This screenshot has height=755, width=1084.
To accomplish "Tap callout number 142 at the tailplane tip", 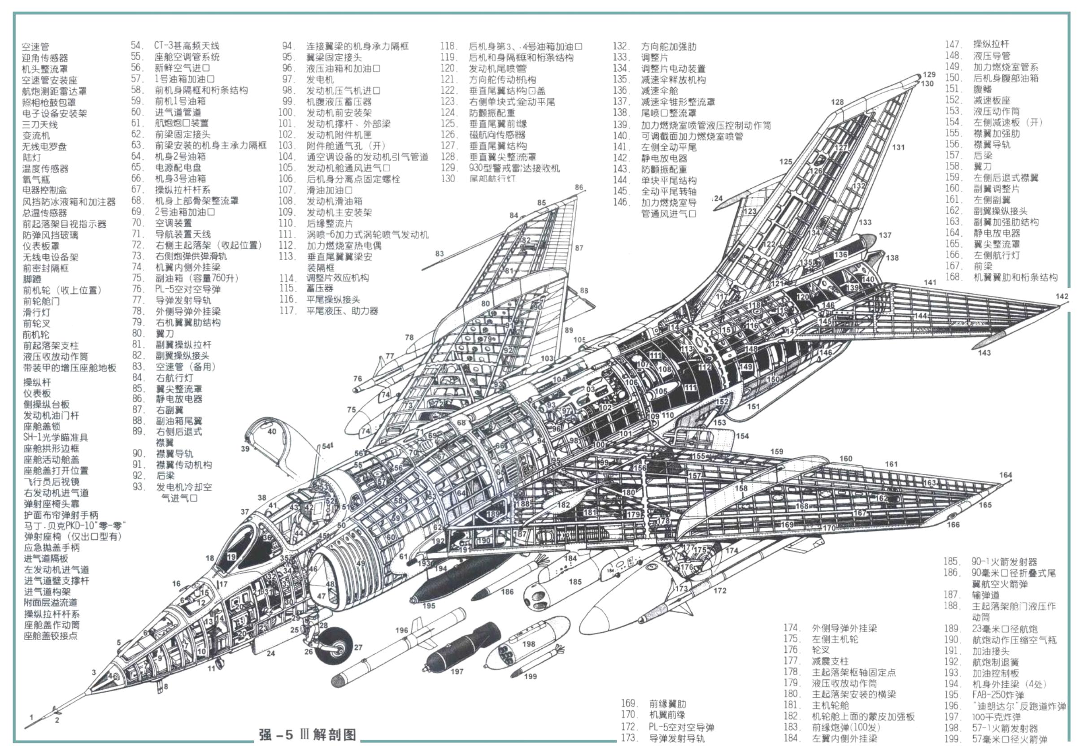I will pyautogui.click(x=1062, y=296).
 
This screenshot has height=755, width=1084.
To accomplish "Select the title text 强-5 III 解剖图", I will pyautogui.click(x=307, y=735).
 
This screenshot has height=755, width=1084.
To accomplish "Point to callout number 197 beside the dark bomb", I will pyautogui.click(x=457, y=671).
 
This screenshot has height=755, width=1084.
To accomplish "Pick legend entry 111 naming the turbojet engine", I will pyautogui.click(x=367, y=234).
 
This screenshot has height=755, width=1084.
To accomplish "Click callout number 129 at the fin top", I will pyautogui.click(x=929, y=74).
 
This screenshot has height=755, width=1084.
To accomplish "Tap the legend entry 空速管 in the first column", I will pyautogui.click(x=35, y=47).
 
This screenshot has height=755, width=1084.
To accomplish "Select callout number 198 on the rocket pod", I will pyautogui.click(x=528, y=644).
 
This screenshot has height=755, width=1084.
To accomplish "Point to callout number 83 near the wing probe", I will pyautogui.click(x=440, y=253).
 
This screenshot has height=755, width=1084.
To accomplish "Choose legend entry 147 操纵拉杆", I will pyautogui.click(x=991, y=44).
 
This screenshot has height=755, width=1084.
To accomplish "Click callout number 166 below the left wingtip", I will pyautogui.click(x=953, y=524).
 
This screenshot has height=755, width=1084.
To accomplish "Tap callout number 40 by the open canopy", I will pyautogui.click(x=272, y=431).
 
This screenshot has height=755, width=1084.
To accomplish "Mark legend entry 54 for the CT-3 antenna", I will pyautogui.click(x=187, y=46).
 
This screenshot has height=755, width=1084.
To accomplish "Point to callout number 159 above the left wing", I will pyautogui.click(x=777, y=451).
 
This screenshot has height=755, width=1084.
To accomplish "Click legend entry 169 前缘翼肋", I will pyautogui.click(x=667, y=703).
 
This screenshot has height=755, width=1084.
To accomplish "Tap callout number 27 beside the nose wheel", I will pyautogui.click(x=358, y=647).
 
